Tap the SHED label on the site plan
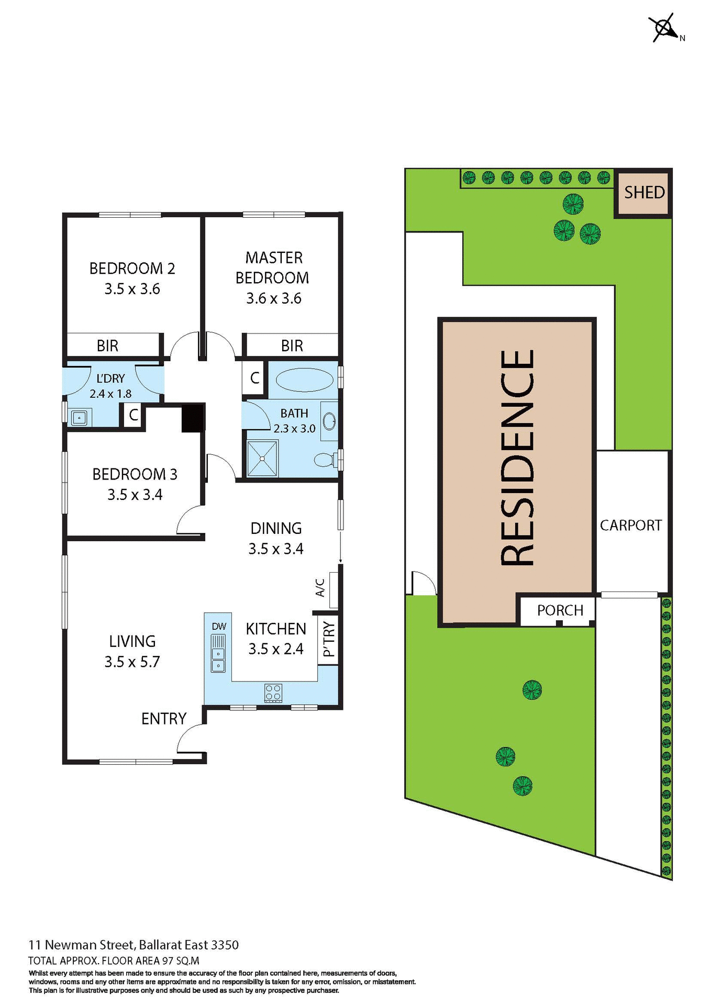644,193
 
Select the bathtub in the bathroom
304,380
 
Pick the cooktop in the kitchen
273,693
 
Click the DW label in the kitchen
219,627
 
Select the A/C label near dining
320,588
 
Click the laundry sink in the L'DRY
79,418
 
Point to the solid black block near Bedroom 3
192,418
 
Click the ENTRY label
164,719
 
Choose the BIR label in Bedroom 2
107,345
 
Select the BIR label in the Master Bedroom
292,345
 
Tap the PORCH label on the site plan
560,610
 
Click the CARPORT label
630,525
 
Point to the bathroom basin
329,421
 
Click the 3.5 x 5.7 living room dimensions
132,662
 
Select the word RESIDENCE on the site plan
517,457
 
